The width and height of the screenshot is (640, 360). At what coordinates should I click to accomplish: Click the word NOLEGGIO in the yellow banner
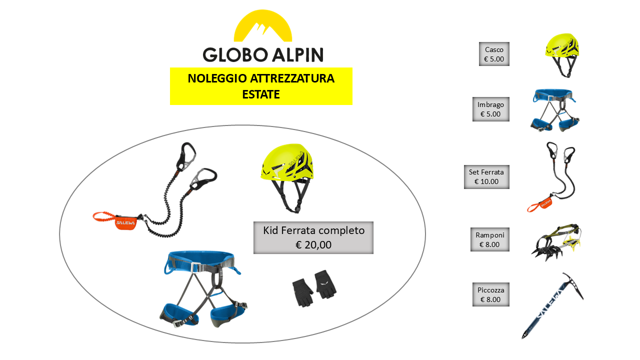[217, 78]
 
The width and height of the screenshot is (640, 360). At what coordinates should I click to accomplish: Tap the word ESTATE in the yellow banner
[261, 94]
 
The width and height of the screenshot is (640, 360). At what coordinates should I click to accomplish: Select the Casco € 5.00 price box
[494, 54]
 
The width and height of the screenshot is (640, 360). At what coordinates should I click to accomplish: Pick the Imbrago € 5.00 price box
[490, 109]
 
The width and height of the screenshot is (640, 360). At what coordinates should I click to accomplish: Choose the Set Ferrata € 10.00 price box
[486, 176]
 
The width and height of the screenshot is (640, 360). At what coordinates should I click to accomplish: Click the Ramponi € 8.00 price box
[489, 239]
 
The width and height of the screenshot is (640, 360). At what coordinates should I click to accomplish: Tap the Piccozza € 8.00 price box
[490, 294]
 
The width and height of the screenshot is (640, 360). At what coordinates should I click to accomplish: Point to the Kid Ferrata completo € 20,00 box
[313, 237]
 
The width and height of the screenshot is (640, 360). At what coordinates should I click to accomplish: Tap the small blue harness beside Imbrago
[554, 110]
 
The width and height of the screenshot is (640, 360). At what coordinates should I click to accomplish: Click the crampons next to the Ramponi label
[556, 242]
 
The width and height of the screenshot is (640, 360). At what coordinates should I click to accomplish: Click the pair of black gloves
[314, 288]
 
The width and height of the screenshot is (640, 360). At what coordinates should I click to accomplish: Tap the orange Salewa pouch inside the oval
[125, 222]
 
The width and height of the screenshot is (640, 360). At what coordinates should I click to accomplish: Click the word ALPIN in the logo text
[297, 54]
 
